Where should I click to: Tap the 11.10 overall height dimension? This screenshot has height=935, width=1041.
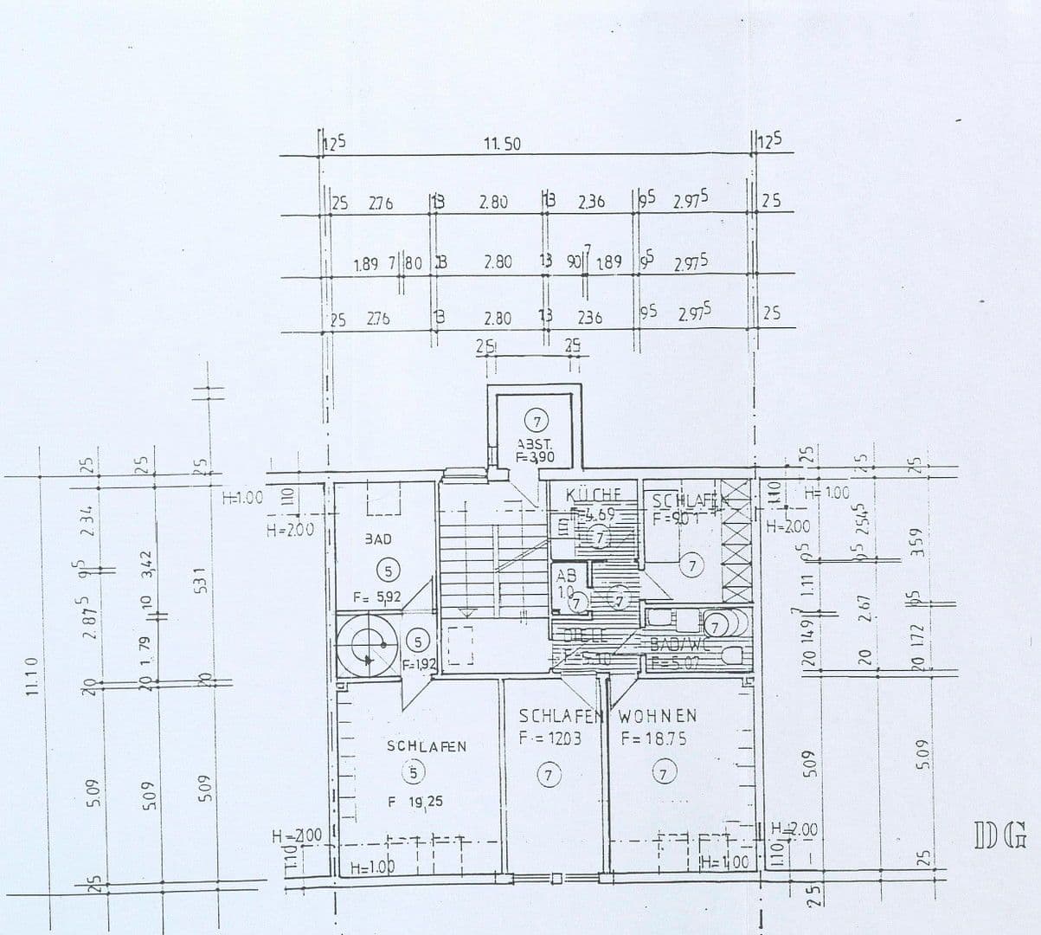click(x=33, y=676)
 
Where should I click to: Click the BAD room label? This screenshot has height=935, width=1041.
click(x=377, y=539)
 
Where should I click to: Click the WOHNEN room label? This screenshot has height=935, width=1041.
click(x=658, y=717)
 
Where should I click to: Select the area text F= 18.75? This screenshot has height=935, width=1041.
click(x=653, y=738)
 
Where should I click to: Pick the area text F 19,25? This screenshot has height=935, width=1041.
click(x=414, y=803)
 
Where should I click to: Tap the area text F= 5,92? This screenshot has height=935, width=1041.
click(x=377, y=597)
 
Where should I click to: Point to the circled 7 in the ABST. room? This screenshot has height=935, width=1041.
click(x=537, y=422)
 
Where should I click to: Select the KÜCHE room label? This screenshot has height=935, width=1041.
click(x=593, y=495)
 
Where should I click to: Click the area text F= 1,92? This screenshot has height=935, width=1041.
click(x=421, y=665)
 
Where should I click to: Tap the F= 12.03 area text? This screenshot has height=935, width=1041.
click(x=549, y=739)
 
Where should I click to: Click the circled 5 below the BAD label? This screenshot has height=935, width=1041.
click(x=389, y=569)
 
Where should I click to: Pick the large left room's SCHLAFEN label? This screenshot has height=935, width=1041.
click(x=427, y=745)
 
